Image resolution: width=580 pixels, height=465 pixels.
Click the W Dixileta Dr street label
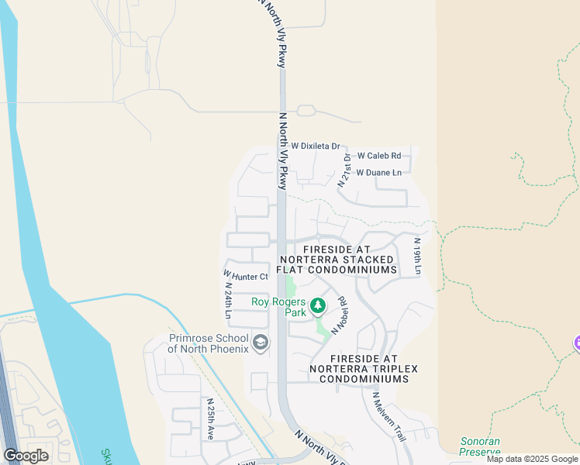[316, 146]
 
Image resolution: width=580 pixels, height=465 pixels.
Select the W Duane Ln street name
[379, 172]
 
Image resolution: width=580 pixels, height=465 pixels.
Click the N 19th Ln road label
[416, 256]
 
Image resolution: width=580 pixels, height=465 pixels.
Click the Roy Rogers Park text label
[279, 307]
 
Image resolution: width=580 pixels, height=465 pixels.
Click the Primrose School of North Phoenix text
[209, 343]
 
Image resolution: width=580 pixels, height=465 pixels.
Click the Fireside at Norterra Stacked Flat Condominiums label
[337, 259]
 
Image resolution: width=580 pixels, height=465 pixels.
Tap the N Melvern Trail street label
[388, 417]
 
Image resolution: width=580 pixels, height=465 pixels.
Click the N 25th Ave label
[210, 420]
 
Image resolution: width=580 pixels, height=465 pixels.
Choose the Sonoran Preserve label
[479, 446]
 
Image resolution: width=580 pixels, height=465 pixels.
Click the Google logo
[26, 455]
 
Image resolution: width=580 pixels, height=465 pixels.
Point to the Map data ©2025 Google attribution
[532, 459]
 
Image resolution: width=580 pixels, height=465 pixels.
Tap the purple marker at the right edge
[576, 342]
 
